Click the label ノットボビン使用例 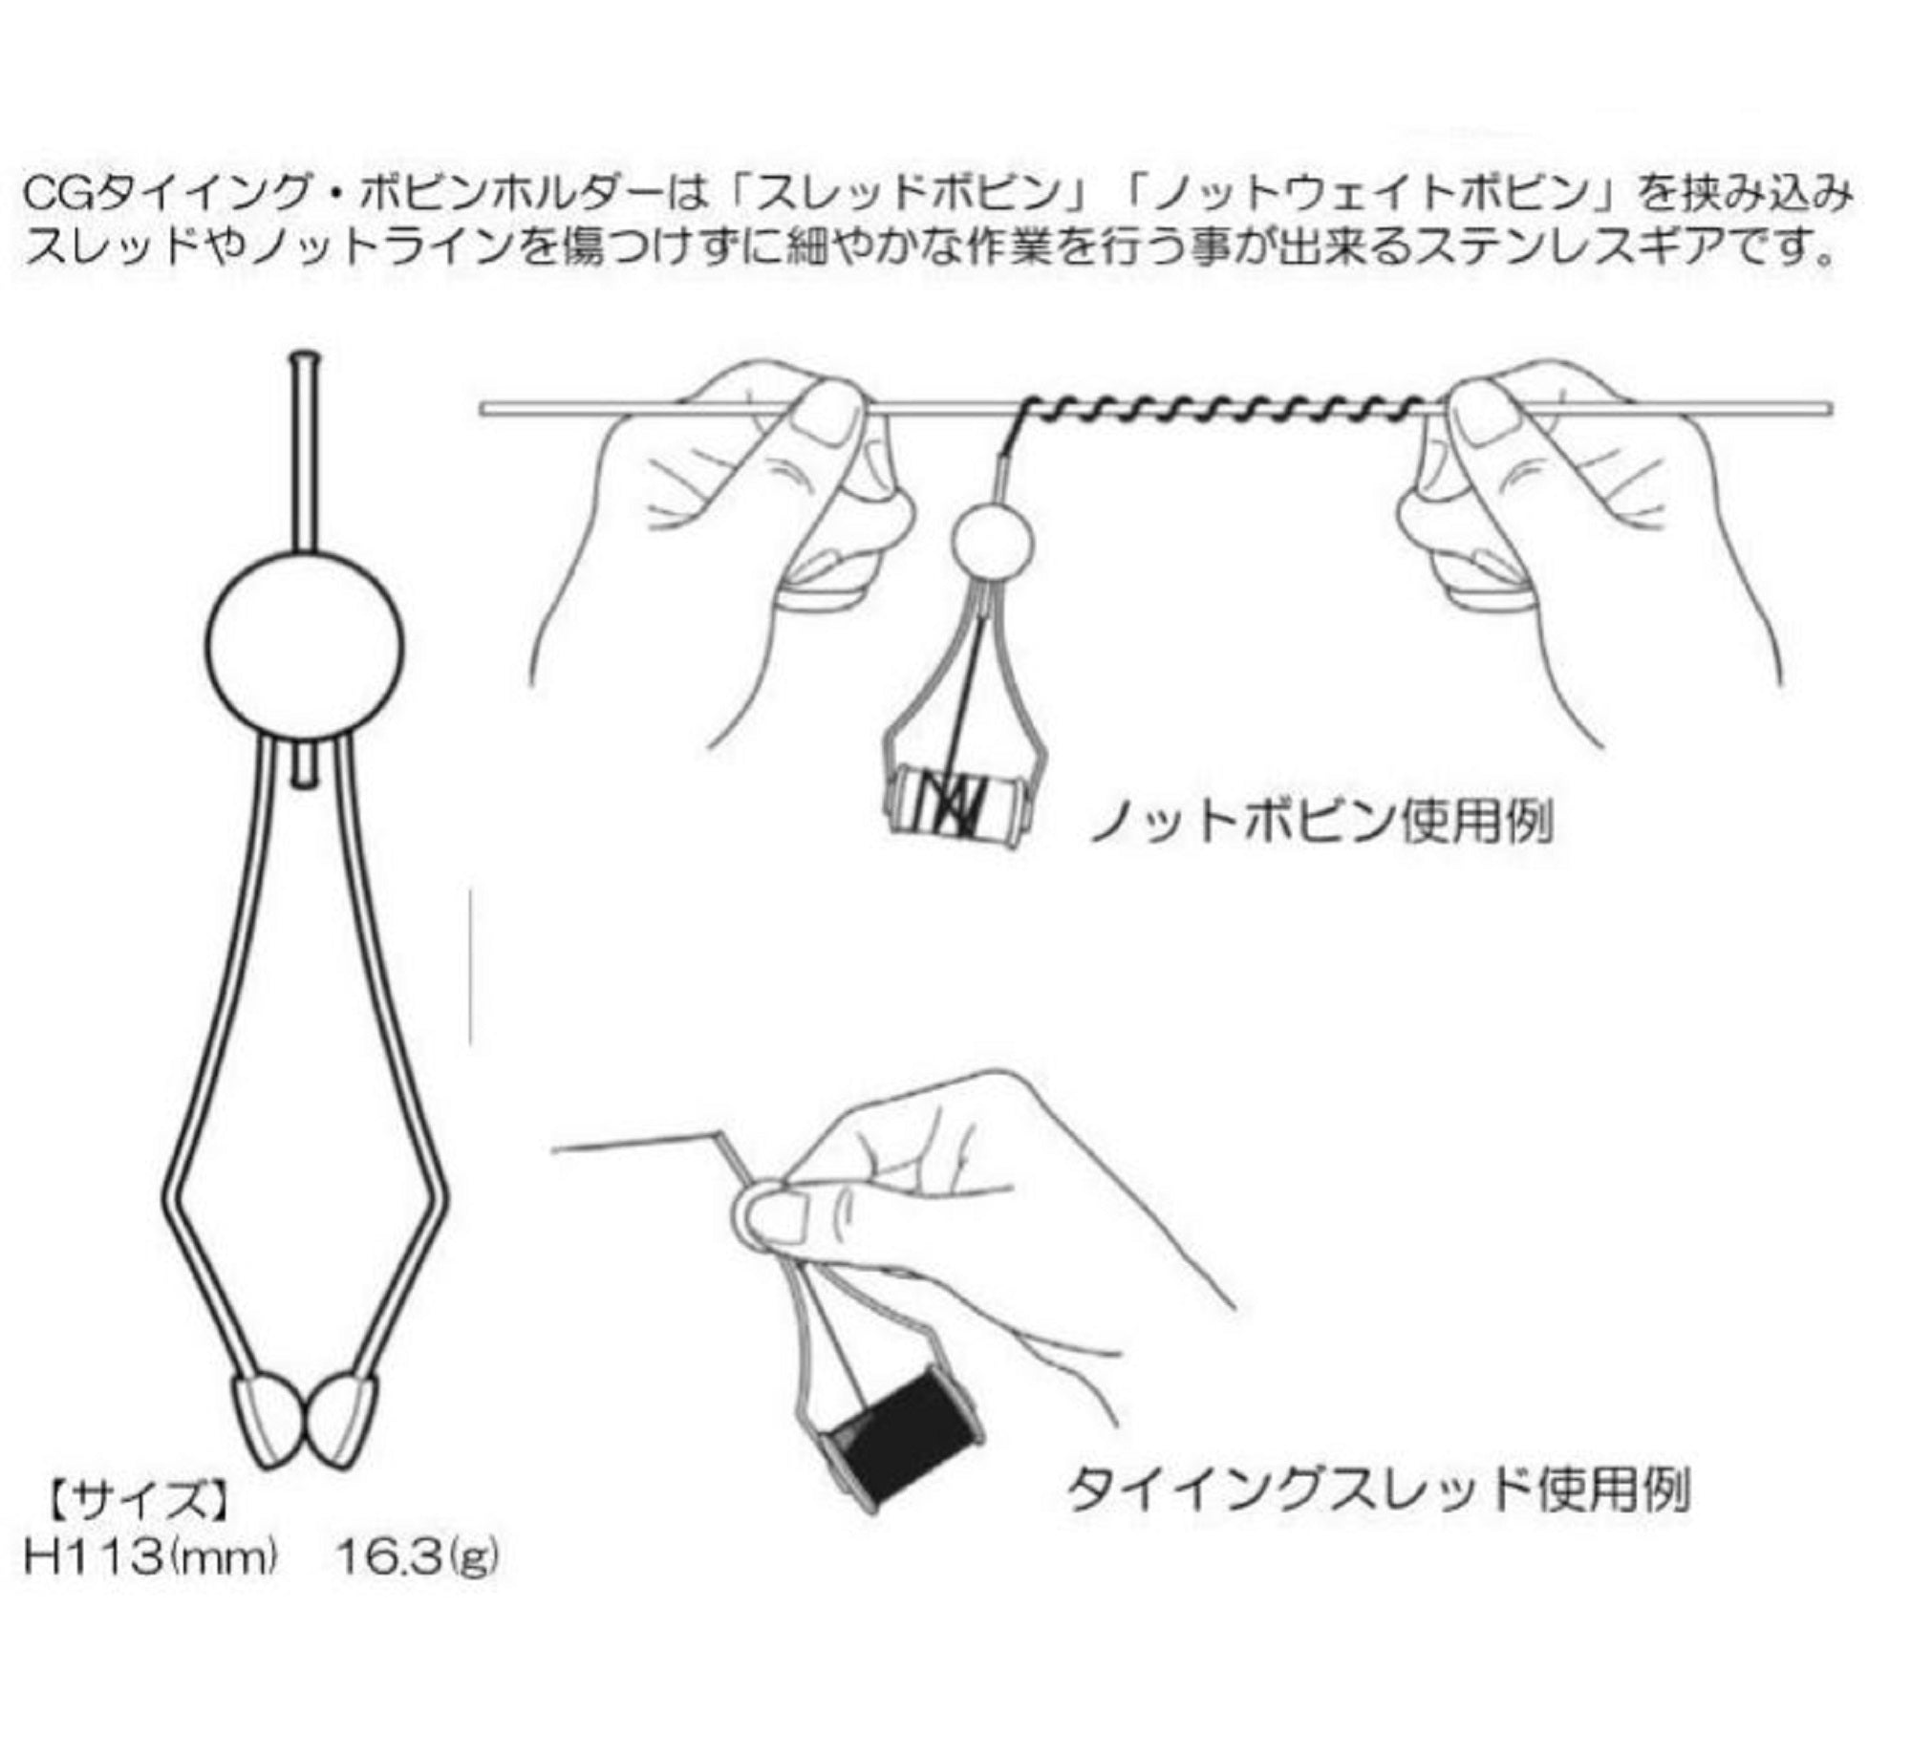[1321, 823]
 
